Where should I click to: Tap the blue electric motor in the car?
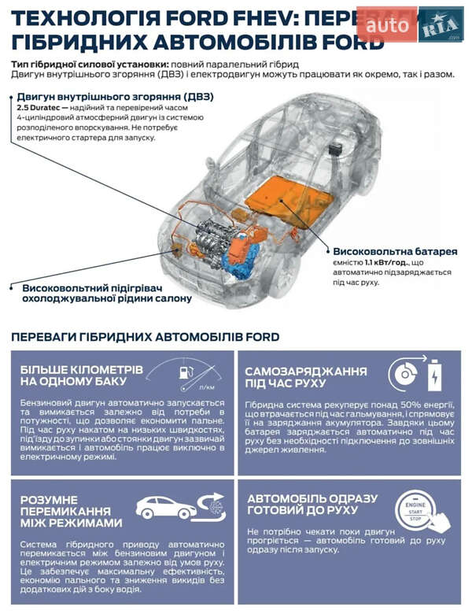[241, 256]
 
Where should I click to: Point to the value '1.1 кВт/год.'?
[385, 262]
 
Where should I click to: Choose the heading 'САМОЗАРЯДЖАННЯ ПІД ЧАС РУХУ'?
[306, 376]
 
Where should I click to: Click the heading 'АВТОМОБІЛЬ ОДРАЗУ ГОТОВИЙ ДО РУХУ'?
[312, 505]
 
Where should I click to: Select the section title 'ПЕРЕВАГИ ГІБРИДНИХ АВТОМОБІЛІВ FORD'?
[146, 337]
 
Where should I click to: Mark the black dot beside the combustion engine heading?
[12, 97]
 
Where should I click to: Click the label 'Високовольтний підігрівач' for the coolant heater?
[94, 288]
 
